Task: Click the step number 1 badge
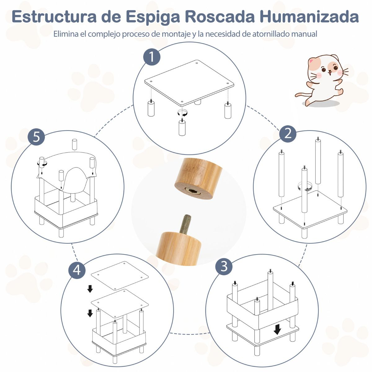(152, 57)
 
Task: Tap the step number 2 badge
(288, 134)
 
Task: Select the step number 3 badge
(224, 266)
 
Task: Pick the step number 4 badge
(77, 270)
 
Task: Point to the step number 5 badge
(36, 137)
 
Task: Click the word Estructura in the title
(54, 17)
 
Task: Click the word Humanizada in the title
(309, 17)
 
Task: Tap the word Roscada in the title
(220, 17)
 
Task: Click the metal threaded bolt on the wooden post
(185, 224)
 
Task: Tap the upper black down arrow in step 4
(90, 289)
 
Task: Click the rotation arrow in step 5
(42, 163)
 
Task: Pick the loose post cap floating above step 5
(74, 144)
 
